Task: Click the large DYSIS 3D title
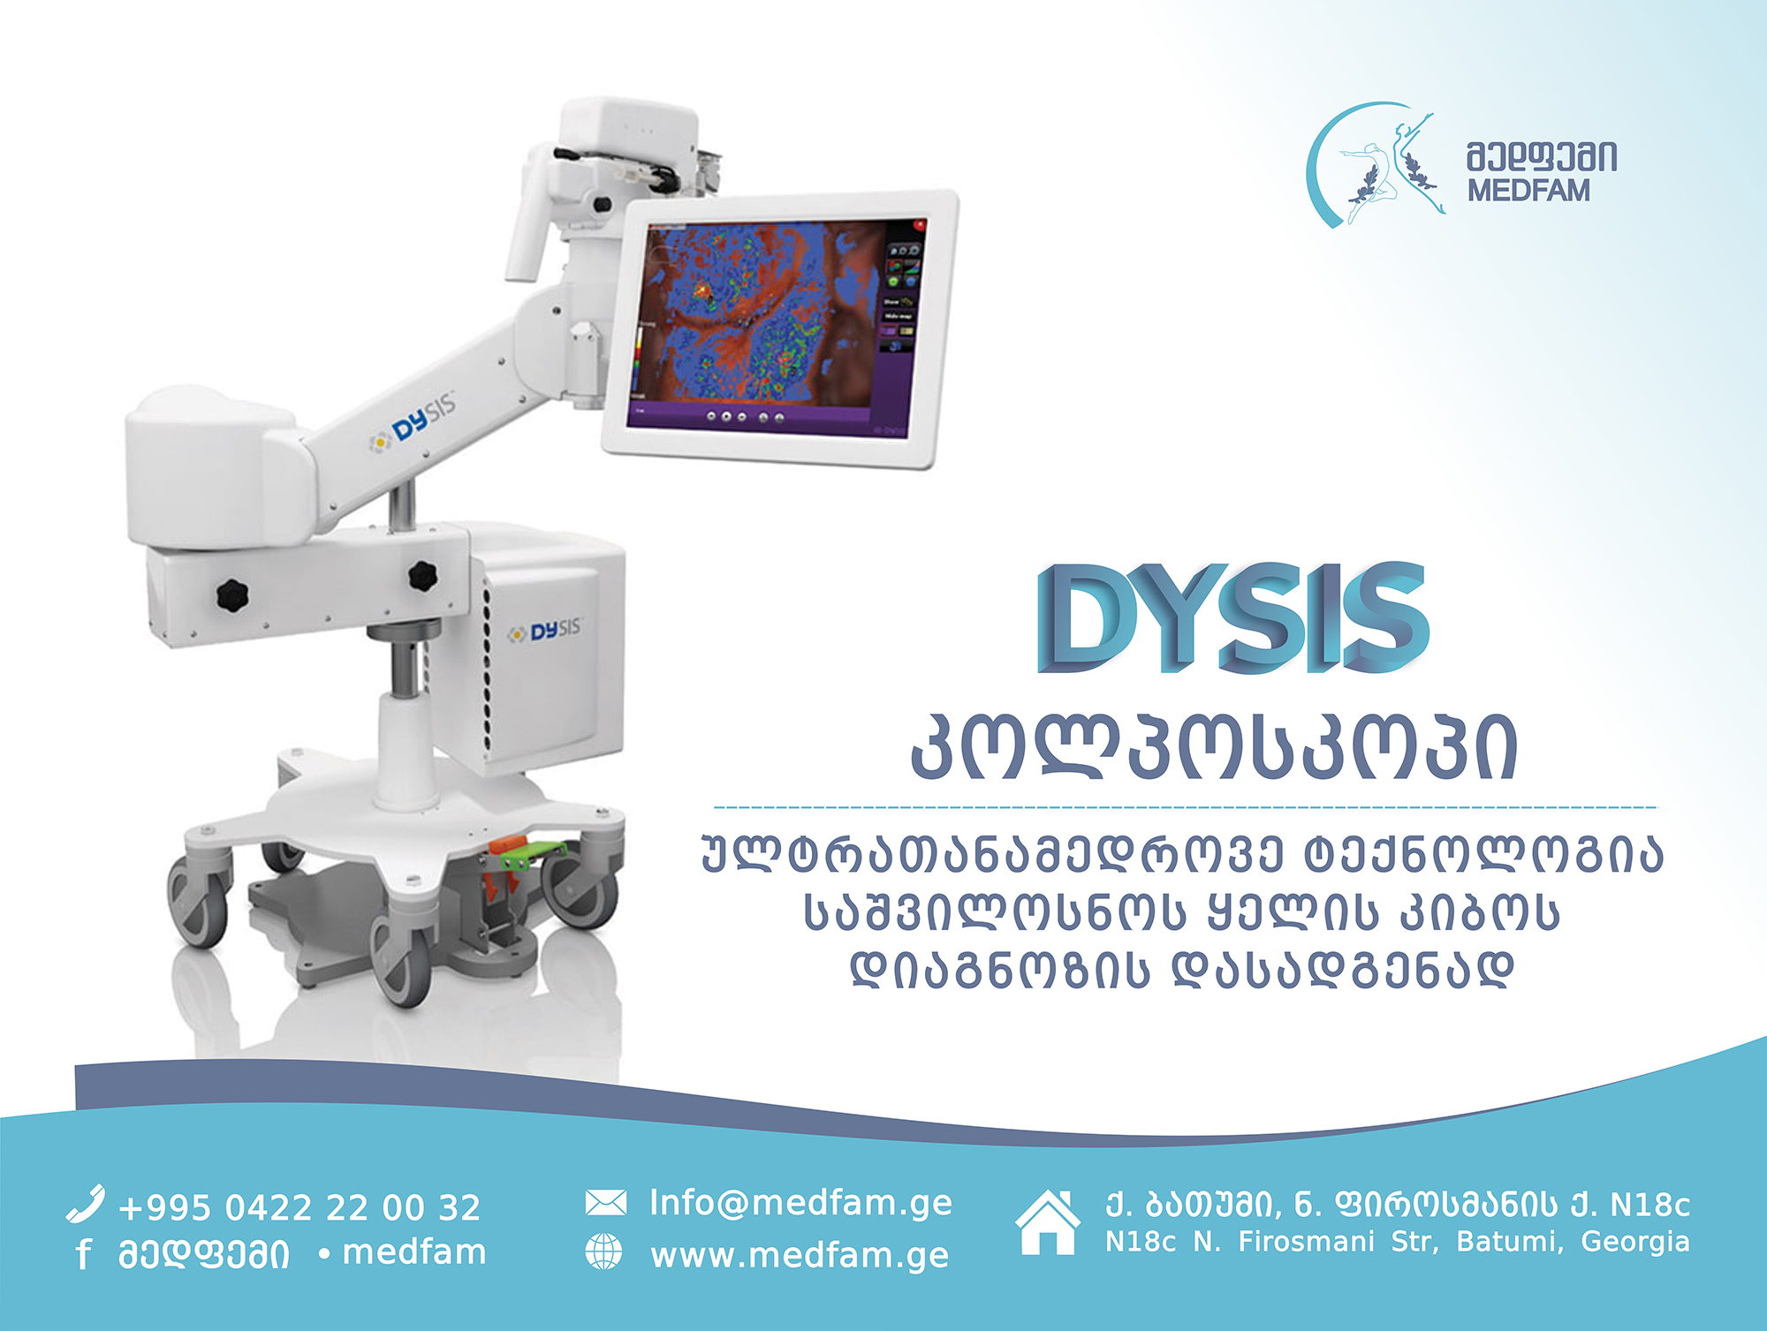[x=1233, y=617]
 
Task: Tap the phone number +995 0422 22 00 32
[x=300, y=1207]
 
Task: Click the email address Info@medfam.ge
[x=801, y=1203]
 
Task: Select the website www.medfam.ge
[x=800, y=1255]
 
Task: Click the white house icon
[x=1048, y=1222]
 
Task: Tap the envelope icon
[x=606, y=1203]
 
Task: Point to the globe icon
[x=604, y=1252]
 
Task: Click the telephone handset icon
[x=86, y=1204]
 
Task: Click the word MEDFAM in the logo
[x=1528, y=191]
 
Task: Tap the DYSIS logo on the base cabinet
[x=544, y=631]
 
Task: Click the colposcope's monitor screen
[x=775, y=324]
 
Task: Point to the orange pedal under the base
[x=509, y=870]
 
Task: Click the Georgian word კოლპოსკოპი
[x=1215, y=749]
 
